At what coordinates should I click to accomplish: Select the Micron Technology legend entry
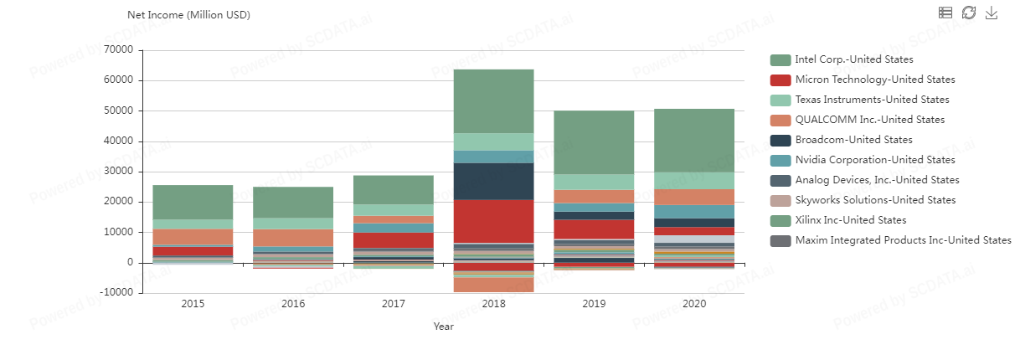tap(874, 80)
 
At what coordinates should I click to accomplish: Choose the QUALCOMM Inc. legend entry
tap(869, 120)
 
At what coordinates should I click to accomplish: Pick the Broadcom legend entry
tap(853, 140)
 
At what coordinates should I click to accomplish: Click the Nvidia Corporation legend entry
tap(874, 160)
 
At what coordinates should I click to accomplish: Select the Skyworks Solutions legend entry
tap(875, 200)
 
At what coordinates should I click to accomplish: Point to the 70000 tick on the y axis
tap(116, 50)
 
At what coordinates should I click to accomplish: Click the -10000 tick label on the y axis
tap(115, 293)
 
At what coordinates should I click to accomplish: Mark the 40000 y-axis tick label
tap(116, 141)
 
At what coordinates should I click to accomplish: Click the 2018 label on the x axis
tap(494, 304)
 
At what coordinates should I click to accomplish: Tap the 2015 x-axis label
tap(193, 304)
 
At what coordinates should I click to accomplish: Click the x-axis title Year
tap(443, 327)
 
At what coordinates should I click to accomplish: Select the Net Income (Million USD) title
tap(188, 15)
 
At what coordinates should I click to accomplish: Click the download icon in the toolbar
tap(992, 13)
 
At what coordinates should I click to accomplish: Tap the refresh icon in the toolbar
tap(968, 13)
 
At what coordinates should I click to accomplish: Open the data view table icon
tap(945, 13)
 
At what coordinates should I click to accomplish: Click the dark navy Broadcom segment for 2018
tap(494, 181)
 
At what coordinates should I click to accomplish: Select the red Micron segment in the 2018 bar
tap(494, 221)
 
